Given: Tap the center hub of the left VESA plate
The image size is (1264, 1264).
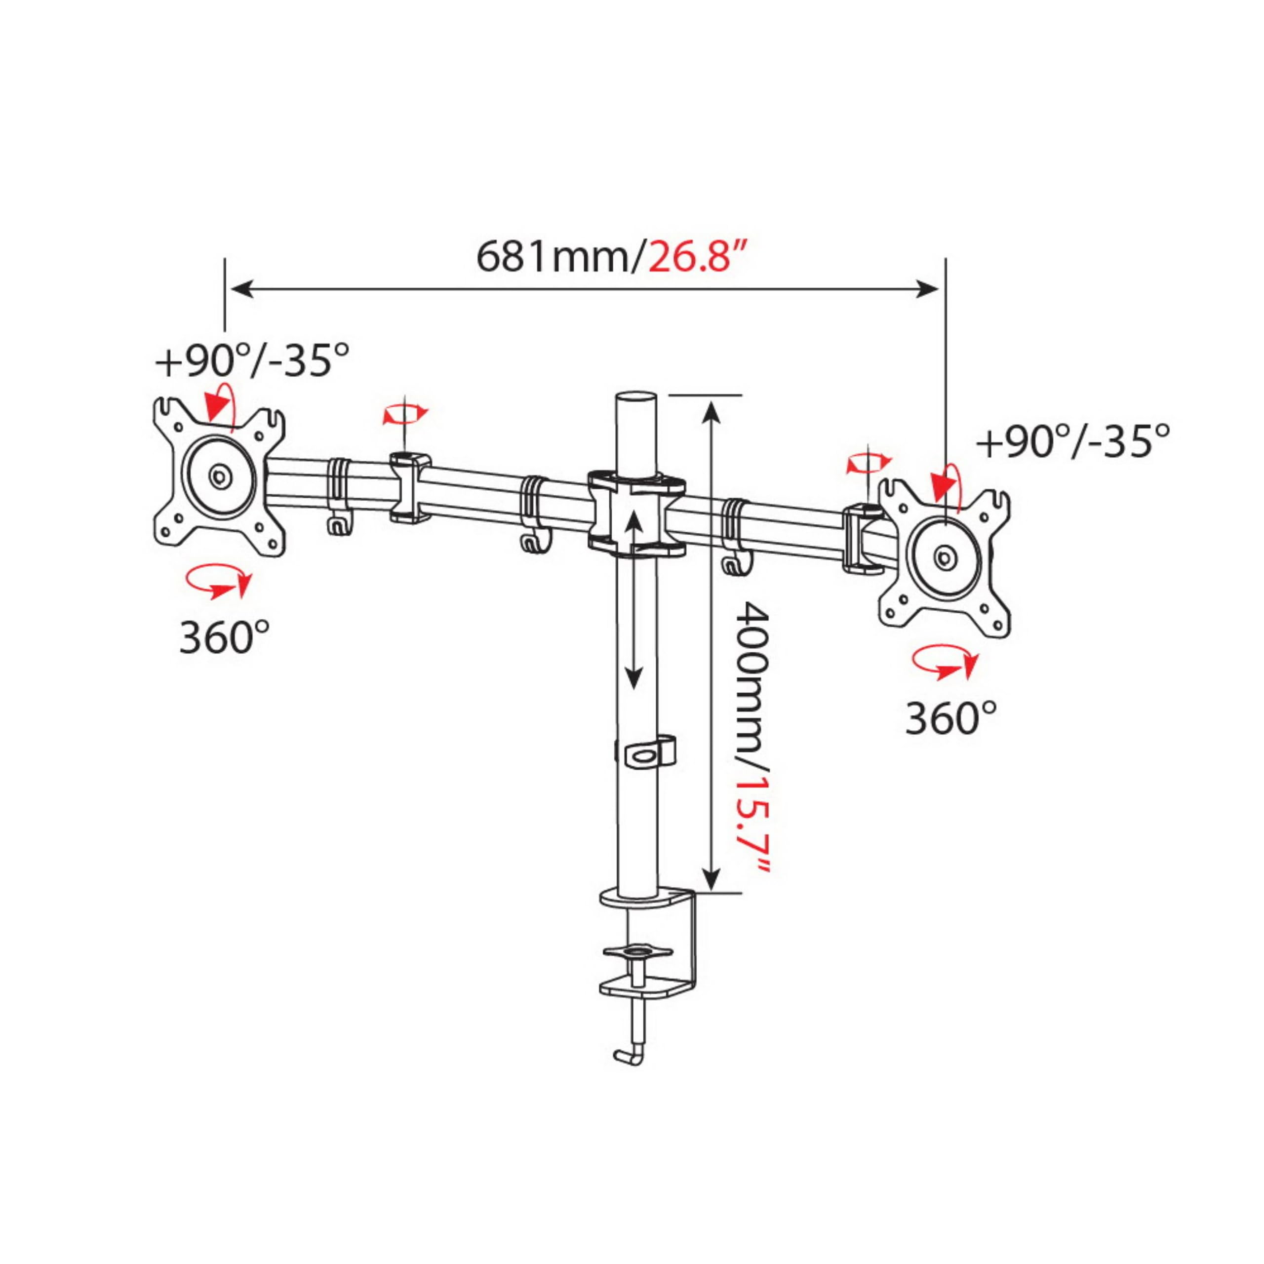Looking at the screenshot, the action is pos(219,475).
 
